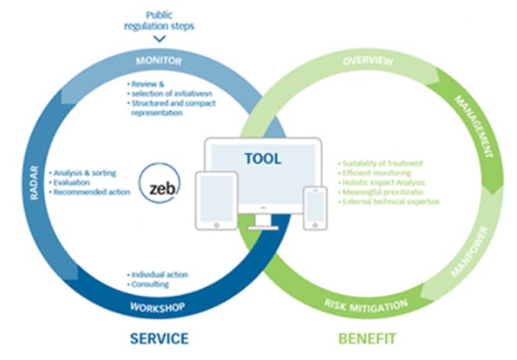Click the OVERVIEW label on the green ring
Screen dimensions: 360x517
368,62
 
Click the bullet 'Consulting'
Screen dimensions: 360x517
148,284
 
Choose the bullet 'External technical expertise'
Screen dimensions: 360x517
392,201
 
